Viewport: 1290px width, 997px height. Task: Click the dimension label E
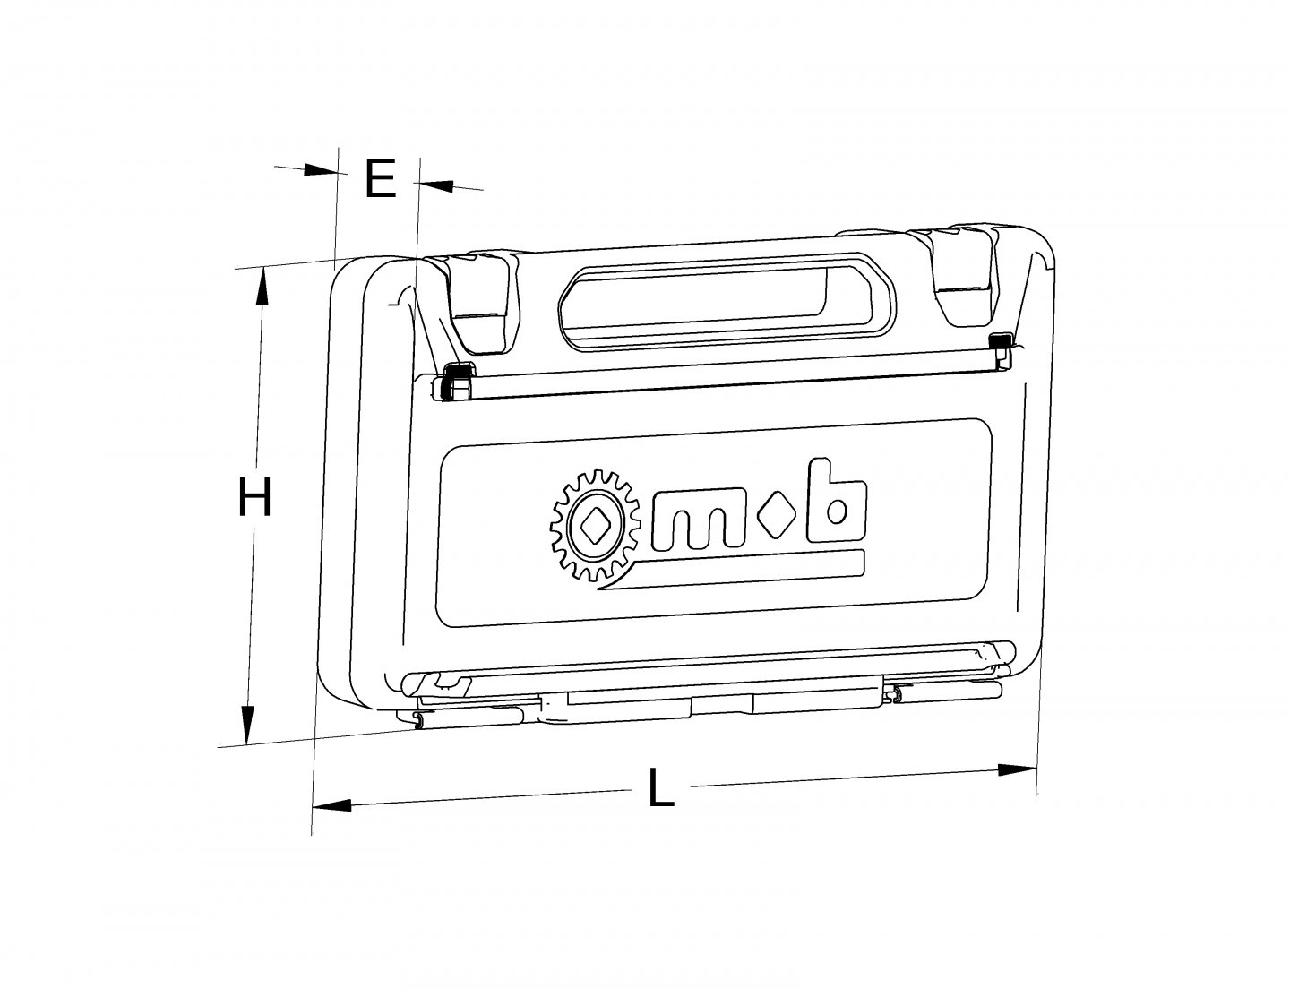[380, 179]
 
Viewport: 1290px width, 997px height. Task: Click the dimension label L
[660, 789]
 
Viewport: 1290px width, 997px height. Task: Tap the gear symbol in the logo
[592, 529]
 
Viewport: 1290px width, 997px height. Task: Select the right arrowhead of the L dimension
[1018, 769]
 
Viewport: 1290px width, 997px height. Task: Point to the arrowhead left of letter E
[319, 169]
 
